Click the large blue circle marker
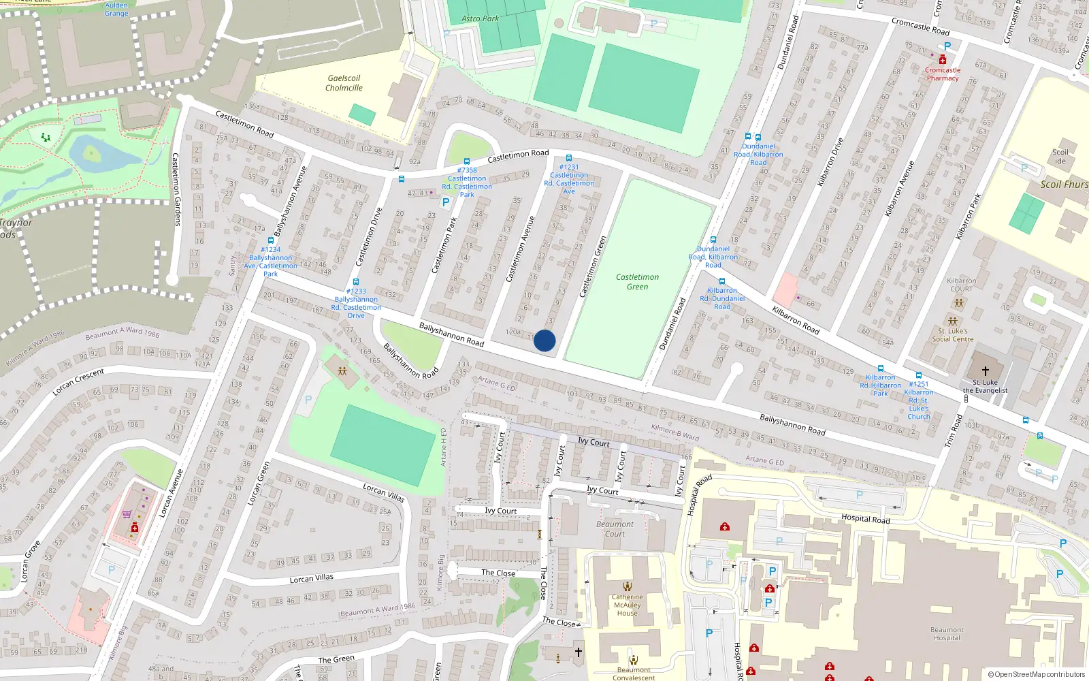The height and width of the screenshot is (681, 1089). pos(544,340)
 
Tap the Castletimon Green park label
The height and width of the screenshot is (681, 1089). pos(637,282)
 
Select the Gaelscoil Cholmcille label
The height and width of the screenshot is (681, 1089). pos(344,83)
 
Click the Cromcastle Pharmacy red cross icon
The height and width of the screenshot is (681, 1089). pos(942,60)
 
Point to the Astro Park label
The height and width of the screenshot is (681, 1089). pos(481,18)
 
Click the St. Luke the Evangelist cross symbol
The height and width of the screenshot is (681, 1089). pos(985,371)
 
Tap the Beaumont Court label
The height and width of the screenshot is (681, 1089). pos(615,529)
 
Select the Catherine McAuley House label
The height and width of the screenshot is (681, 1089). pos(627,605)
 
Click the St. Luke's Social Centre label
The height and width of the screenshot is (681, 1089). pos(952,335)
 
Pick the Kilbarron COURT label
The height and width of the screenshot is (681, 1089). pos(961,285)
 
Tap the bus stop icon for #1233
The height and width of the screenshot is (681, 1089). pos(355,282)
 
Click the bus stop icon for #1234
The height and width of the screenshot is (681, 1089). pos(271,240)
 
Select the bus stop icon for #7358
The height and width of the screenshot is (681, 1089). pos(466,161)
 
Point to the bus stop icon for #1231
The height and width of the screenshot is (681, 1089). pos(569,158)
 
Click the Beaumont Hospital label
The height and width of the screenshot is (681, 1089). pos(947,634)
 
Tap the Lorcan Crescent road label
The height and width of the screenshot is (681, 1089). pos(78,382)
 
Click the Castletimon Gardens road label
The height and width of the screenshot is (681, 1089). pos(176,189)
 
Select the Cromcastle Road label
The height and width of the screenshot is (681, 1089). pos(920,27)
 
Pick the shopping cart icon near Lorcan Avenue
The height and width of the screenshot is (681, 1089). pos(127,514)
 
